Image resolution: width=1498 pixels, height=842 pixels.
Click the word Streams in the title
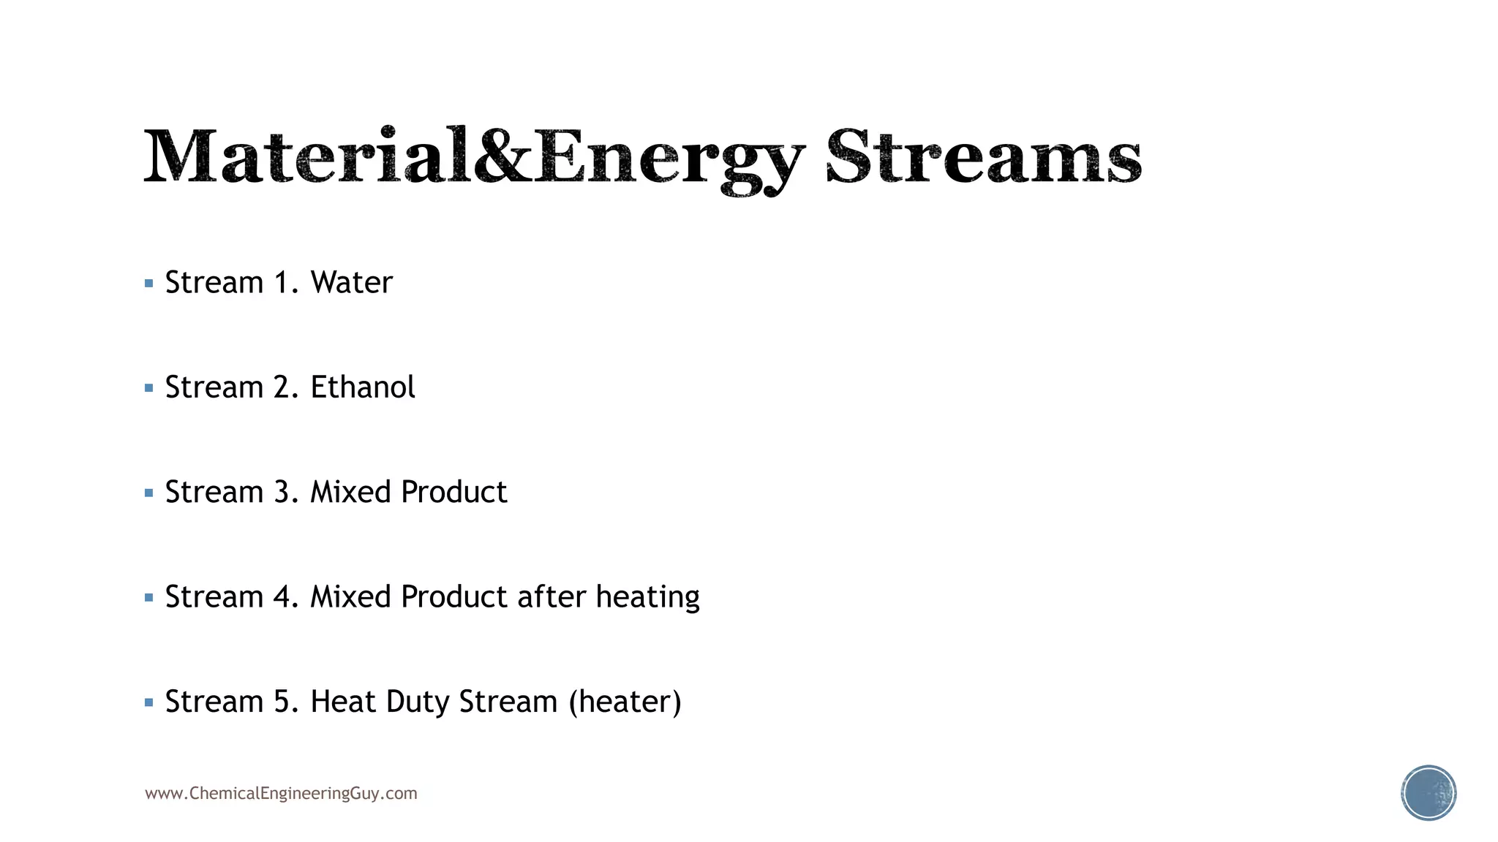point(984,157)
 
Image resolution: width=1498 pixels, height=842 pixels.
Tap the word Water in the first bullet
point(351,283)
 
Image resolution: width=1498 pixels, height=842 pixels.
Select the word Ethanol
point(363,387)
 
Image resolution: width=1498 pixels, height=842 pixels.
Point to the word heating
point(647,598)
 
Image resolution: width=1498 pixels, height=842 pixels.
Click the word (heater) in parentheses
point(625,702)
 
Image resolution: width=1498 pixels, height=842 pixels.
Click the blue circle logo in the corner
point(1429,793)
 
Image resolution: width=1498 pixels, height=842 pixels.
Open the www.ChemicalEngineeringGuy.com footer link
point(281,794)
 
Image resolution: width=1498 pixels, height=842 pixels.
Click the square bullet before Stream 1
point(149,284)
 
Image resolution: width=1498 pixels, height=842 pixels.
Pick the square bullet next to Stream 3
point(149,493)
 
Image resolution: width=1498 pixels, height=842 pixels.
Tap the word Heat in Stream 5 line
point(343,702)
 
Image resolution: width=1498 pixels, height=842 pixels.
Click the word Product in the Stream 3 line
point(453,493)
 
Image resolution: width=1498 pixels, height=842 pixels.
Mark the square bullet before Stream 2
point(149,388)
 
